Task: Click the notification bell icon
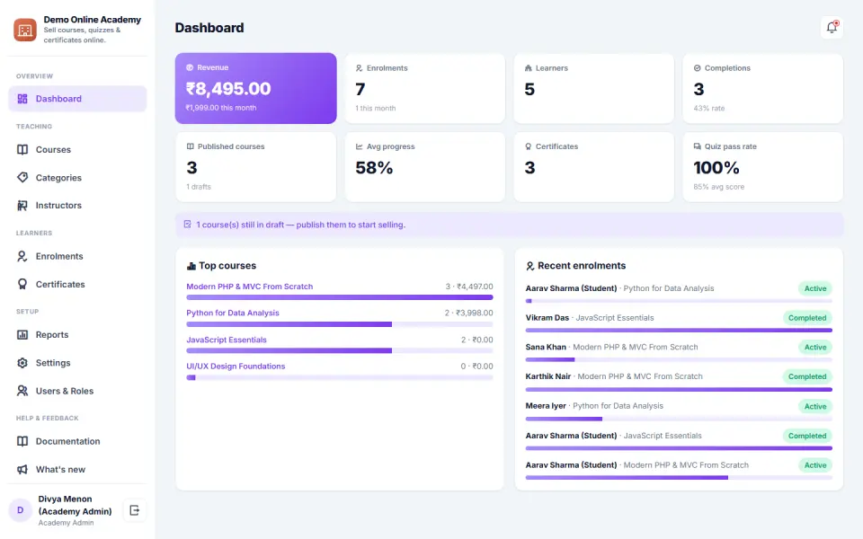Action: (x=832, y=27)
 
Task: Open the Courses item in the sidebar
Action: (x=53, y=150)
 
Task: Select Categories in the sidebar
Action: (x=58, y=178)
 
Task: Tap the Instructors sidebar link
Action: (x=58, y=205)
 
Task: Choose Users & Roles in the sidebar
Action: (x=65, y=391)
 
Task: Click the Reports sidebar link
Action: (x=52, y=334)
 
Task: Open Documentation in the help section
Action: (x=67, y=441)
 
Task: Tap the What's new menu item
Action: (x=60, y=469)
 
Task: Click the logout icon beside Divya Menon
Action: (x=134, y=510)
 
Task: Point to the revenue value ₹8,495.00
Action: (x=228, y=89)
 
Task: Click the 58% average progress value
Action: (x=374, y=168)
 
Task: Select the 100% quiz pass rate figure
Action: (x=716, y=168)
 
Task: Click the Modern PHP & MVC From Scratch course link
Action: (x=249, y=287)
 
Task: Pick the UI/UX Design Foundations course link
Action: (x=236, y=367)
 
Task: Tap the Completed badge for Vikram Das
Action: (x=807, y=318)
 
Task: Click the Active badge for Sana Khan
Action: (x=815, y=347)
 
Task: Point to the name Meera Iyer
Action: (x=546, y=406)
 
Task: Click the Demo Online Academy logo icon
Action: (x=25, y=30)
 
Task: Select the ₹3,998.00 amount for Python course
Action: (x=475, y=313)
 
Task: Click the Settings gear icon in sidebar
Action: (x=22, y=363)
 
